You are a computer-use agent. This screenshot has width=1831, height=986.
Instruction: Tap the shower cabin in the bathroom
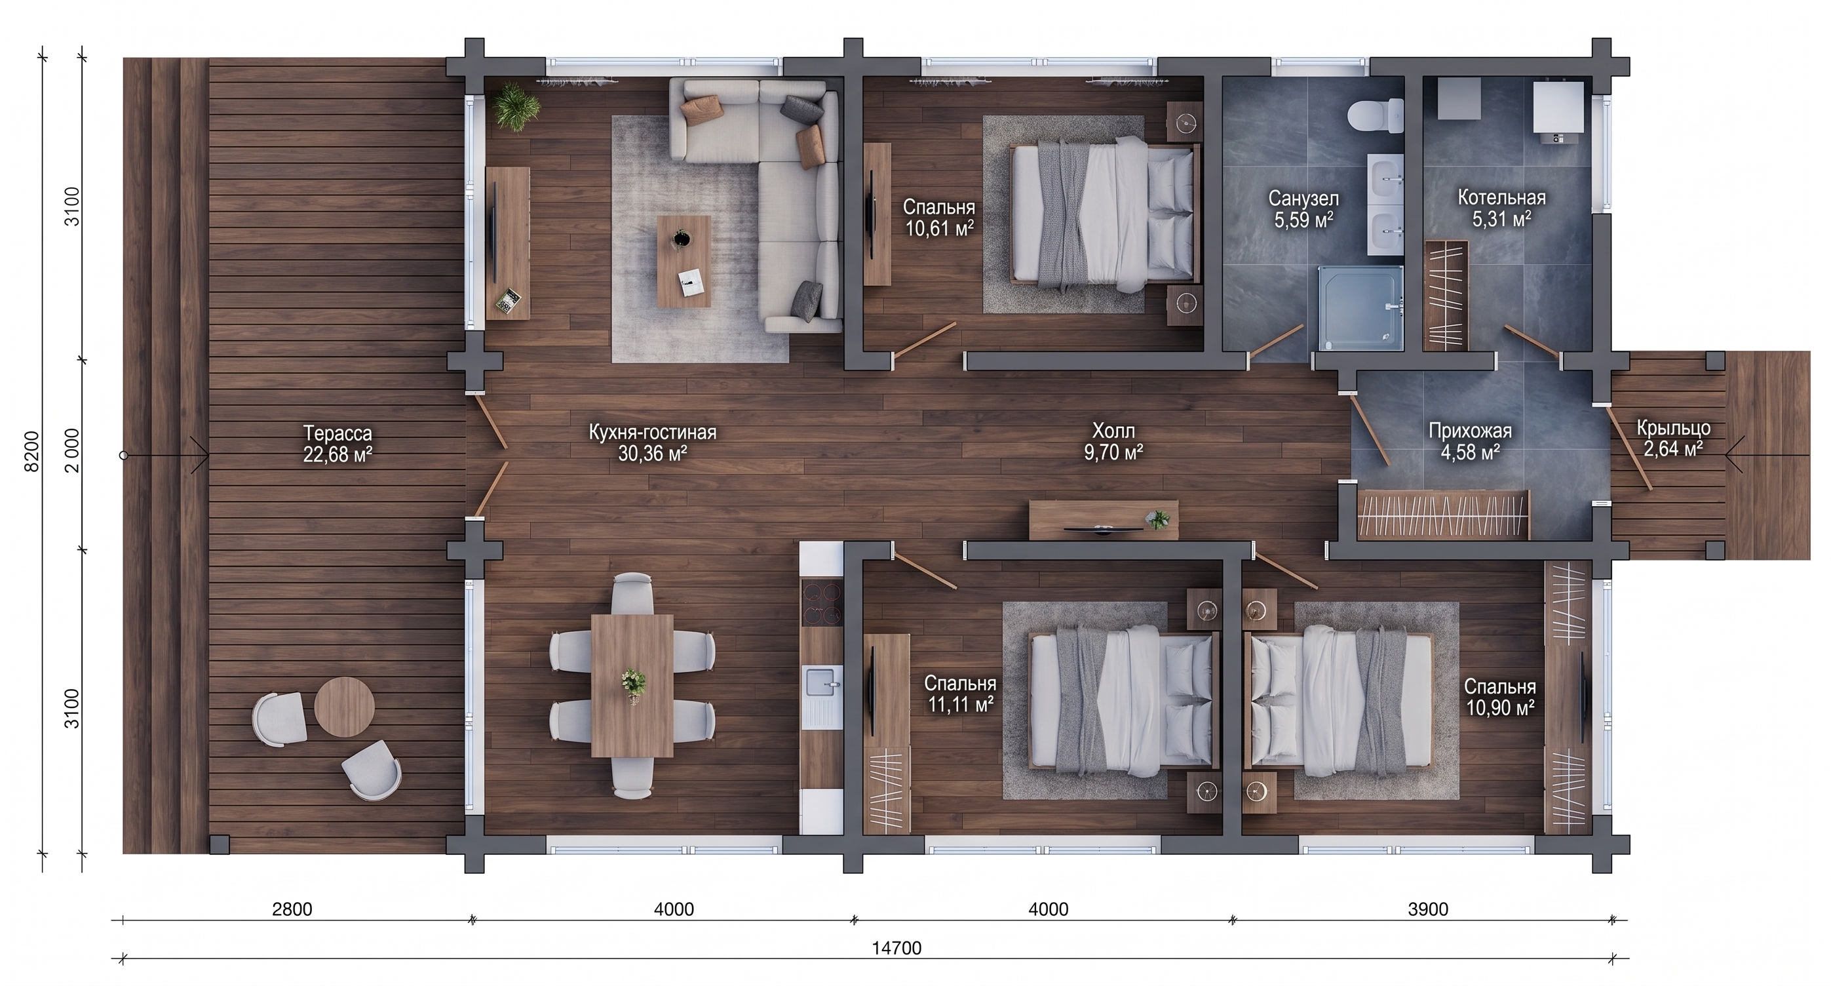(x=1360, y=308)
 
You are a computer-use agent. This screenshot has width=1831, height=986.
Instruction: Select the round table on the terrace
(x=345, y=707)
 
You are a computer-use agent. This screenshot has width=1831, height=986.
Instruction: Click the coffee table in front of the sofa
(x=684, y=262)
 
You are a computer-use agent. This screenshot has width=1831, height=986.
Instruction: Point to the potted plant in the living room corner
(x=515, y=107)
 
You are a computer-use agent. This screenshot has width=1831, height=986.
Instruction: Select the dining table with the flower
(x=632, y=685)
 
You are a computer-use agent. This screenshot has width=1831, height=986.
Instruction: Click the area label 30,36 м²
(x=652, y=454)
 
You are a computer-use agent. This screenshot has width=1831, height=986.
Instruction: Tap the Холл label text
(x=1114, y=431)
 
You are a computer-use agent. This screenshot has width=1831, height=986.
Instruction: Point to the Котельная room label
(x=1502, y=197)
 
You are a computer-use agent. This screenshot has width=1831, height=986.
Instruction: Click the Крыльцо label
(x=1672, y=429)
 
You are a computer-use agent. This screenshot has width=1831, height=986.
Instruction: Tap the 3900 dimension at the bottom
(x=1428, y=909)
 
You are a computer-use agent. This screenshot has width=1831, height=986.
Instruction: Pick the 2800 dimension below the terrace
(x=292, y=909)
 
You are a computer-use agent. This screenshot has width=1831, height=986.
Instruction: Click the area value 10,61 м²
(x=939, y=227)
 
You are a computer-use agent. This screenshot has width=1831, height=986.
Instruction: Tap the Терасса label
(x=337, y=432)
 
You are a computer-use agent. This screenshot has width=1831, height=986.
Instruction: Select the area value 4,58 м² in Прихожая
(x=1470, y=452)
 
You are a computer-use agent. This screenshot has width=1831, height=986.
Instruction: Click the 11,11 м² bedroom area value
(x=960, y=705)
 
